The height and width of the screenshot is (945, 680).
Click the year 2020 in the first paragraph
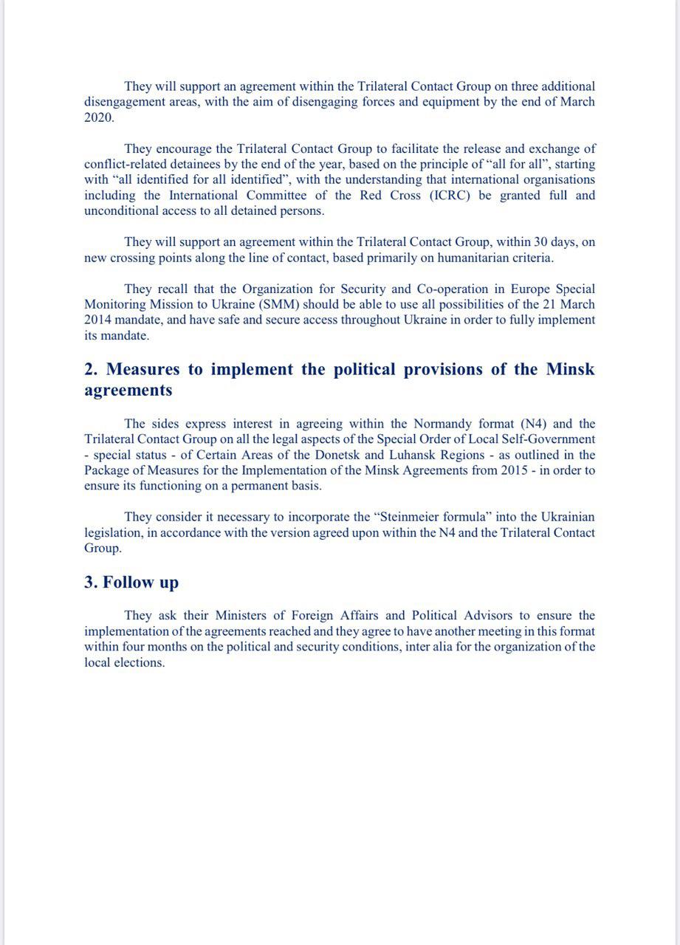pyautogui.click(x=100, y=117)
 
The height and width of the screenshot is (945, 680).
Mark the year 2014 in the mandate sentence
pyautogui.click(x=100, y=320)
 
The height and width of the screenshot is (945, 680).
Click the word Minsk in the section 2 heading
pyautogui.click(x=570, y=369)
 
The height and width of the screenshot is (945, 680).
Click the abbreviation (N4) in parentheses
pyautogui.click(x=536, y=424)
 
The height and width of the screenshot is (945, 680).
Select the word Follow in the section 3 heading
pyautogui.click(x=128, y=583)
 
